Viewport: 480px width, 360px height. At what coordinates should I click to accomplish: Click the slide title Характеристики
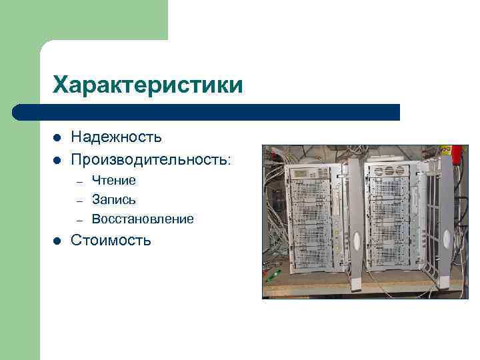(x=148, y=85)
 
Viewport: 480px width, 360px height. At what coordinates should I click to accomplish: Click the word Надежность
(x=117, y=137)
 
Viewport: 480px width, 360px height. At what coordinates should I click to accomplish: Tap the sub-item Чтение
(x=114, y=180)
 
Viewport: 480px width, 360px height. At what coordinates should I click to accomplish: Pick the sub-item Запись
(x=114, y=199)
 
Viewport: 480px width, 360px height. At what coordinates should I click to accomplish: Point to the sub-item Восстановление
(x=143, y=219)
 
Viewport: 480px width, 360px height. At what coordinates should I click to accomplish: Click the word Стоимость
(x=111, y=240)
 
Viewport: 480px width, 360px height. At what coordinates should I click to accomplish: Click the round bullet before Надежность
(x=57, y=138)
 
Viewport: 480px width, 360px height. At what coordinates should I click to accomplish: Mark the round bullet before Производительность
(x=57, y=161)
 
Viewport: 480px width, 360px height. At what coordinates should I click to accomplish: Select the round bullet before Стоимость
(x=57, y=241)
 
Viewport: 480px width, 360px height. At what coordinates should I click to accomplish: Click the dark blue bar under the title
(x=207, y=112)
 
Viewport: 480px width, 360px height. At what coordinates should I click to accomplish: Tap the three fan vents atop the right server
(x=387, y=172)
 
